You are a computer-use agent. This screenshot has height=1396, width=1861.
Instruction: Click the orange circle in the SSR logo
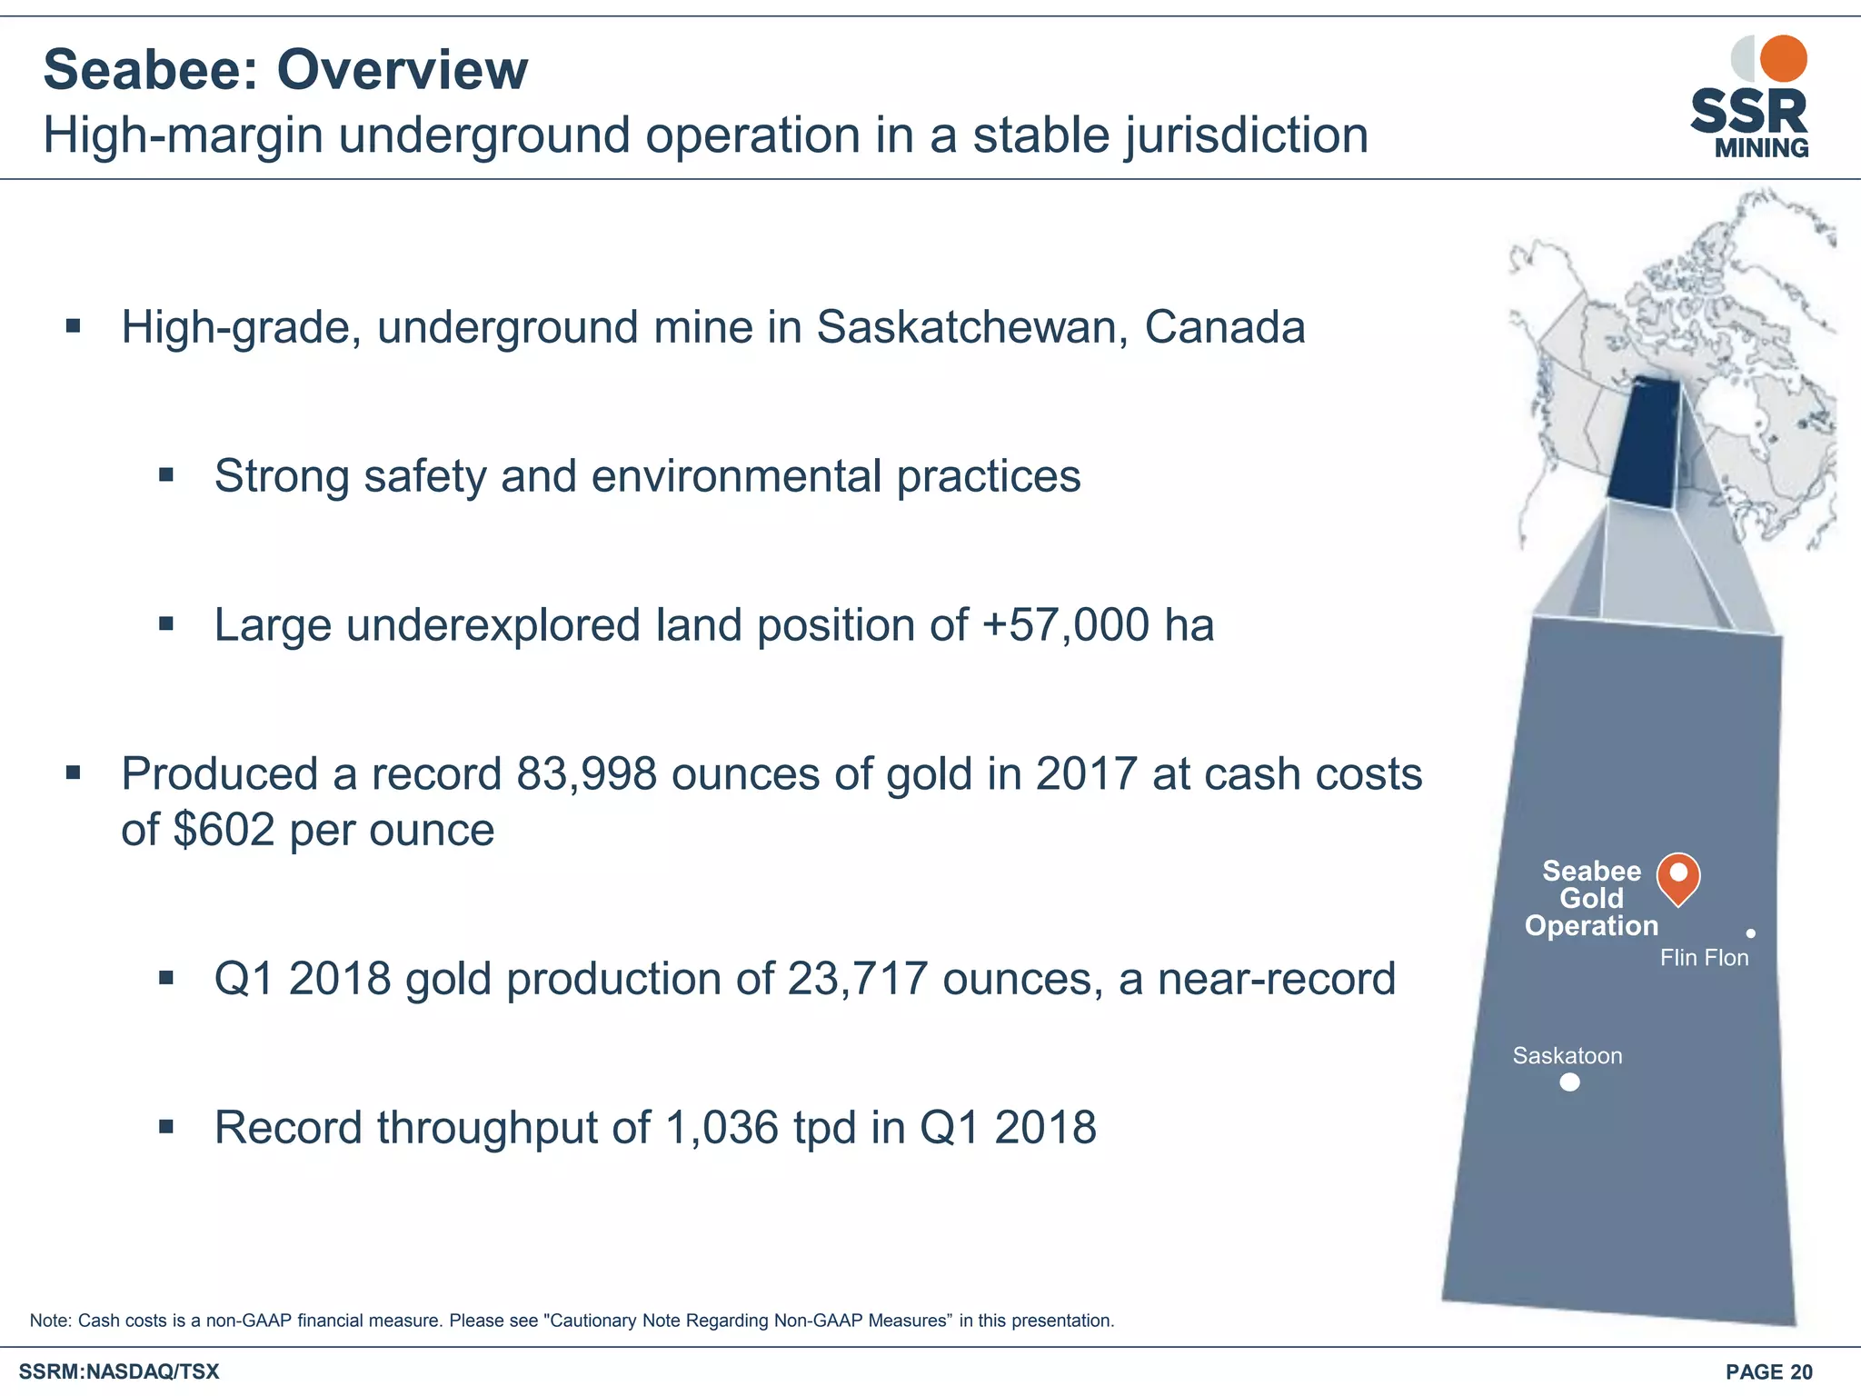[1783, 59]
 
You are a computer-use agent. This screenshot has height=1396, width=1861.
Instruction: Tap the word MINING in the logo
[1761, 148]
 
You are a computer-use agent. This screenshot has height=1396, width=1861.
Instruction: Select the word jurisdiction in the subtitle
[1246, 136]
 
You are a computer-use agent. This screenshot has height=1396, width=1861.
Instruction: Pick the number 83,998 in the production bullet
[586, 774]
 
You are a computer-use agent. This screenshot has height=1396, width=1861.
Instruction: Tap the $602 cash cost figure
[224, 830]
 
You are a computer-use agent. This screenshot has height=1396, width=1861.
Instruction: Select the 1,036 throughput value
[722, 1128]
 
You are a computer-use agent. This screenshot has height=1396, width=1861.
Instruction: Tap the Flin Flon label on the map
[1704, 958]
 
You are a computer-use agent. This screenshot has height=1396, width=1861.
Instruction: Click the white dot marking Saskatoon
[1569, 1082]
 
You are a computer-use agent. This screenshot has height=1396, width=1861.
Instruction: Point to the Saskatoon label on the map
[1567, 1056]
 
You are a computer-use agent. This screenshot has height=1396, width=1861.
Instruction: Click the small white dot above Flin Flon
[1750, 933]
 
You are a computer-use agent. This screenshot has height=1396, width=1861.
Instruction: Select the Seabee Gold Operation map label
[1591, 898]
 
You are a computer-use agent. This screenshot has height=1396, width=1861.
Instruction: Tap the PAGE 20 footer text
[1768, 1372]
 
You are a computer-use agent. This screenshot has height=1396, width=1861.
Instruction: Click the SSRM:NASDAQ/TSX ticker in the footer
[119, 1372]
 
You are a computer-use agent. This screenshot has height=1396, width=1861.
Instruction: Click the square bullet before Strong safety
[165, 475]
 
